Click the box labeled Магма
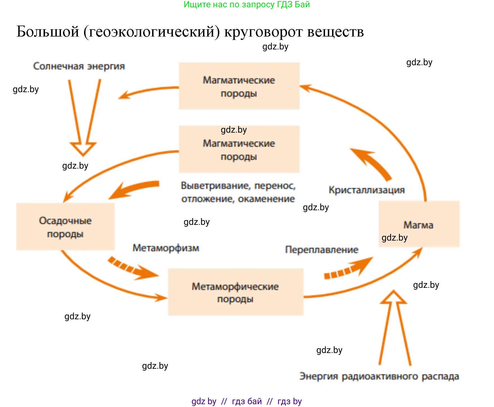[419, 224]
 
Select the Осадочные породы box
[65, 227]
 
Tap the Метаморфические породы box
[236, 292]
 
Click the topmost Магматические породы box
[239, 86]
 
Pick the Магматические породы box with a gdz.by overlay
[239, 149]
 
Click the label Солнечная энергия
[79, 66]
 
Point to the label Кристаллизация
[367, 190]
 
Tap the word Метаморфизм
[166, 248]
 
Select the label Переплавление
[322, 250]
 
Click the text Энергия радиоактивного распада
[379, 376]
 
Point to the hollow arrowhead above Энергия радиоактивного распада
[394, 298]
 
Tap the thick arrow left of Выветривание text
[132, 189]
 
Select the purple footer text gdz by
[204, 401]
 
